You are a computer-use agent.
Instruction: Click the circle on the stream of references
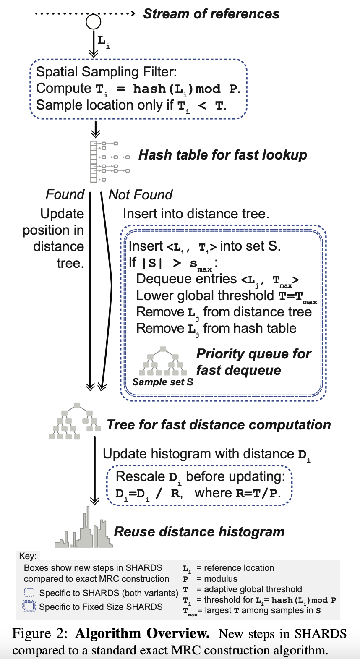click(93, 22)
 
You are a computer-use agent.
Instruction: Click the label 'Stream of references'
click(211, 14)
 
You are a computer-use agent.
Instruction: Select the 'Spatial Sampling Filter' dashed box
click(138, 89)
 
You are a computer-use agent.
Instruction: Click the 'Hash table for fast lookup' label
click(222, 155)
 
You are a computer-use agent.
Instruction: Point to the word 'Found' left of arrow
click(65, 194)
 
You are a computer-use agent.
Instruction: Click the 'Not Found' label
click(141, 195)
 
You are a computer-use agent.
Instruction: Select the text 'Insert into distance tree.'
click(196, 214)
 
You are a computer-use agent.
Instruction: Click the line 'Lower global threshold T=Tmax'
click(227, 296)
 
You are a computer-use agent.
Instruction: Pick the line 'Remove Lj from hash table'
click(217, 329)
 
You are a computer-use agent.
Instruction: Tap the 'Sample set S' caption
click(163, 382)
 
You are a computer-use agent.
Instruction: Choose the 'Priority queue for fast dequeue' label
click(253, 362)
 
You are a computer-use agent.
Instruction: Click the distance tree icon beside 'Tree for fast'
click(75, 421)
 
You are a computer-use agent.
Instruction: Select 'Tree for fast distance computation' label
click(219, 425)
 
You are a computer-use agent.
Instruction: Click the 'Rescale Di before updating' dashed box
click(199, 485)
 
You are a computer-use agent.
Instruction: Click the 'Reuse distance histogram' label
click(199, 532)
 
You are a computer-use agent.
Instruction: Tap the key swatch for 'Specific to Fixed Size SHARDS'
click(29, 607)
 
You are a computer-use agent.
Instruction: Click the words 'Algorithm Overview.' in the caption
click(142, 633)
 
